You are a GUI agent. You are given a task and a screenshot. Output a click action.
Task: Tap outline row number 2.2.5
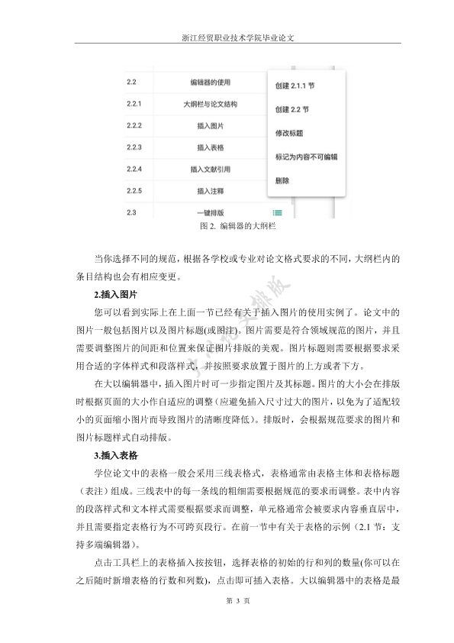click(x=135, y=190)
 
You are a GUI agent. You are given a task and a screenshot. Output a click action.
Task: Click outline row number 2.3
click(x=131, y=212)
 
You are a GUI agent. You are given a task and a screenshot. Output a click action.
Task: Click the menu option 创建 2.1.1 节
click(x=295, y=86)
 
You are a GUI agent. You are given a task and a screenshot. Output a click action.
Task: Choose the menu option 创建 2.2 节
click(x=291, y=109)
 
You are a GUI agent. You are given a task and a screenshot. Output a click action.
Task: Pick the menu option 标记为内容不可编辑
click(x=305, y=157)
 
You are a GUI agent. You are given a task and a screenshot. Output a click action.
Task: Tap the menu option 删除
click(x=282, y=181)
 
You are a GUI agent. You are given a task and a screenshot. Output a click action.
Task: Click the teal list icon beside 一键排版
click(x=278, y=212)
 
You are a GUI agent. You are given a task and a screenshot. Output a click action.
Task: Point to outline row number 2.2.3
click(x=135, y=147)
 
